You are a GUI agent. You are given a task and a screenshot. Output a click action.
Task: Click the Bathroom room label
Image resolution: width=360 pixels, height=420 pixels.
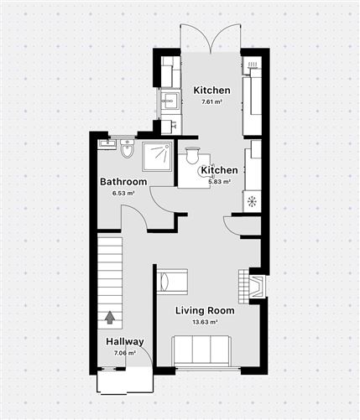(123, 182)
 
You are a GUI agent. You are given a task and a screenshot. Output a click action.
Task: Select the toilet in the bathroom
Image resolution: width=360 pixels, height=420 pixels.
(128, 149)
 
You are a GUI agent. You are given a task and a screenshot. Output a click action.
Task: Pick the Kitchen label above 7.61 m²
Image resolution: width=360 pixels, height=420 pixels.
(211, 91)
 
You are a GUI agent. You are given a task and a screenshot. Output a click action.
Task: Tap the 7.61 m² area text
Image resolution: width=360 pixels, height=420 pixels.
(211, 101)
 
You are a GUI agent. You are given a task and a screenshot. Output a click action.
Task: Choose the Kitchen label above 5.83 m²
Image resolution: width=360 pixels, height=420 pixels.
(218, 170)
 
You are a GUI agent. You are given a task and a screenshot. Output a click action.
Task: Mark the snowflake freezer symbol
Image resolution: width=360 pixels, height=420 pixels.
(251, 202)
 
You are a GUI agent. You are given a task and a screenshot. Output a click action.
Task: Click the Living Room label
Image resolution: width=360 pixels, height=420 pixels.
(205, 310)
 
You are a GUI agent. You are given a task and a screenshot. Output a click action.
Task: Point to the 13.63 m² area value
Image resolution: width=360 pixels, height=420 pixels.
(205, 321)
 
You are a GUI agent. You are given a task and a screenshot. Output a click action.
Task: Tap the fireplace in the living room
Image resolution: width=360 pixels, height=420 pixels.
(253, 286)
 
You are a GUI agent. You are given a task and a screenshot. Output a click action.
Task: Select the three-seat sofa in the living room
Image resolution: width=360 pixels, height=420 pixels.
(201, 350)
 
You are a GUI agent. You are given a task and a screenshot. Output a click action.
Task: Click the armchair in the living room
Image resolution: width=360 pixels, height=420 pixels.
(174, 281)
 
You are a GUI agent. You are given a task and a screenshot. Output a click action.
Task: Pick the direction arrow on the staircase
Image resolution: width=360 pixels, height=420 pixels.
(109, 317)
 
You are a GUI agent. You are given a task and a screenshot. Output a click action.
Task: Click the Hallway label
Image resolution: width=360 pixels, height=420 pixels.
(124, 342)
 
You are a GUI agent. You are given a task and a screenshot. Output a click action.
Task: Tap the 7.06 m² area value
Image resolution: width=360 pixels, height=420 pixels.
(124, 353)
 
